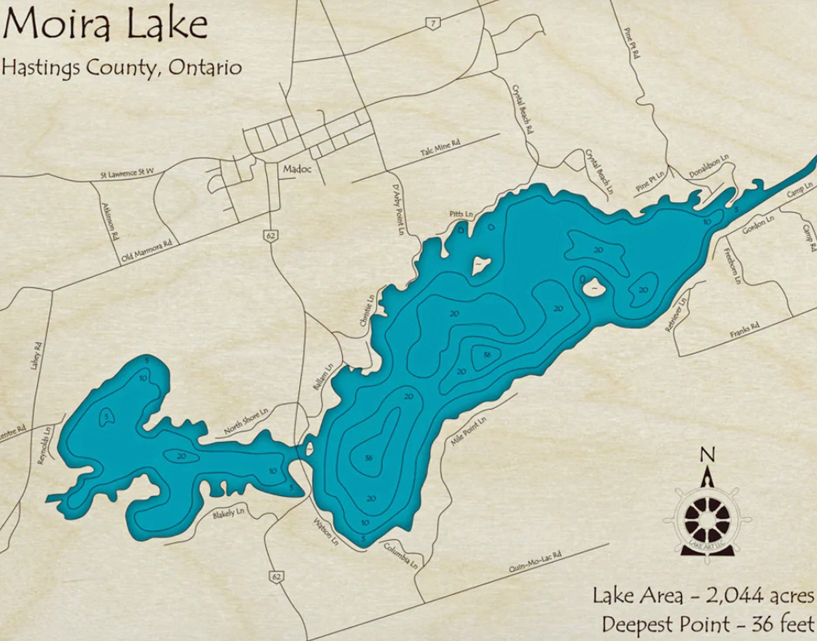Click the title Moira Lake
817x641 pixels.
click(x=105, y=25)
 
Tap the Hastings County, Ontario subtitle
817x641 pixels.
click(x=121, y=67)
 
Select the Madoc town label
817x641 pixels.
click(x=297, y=169)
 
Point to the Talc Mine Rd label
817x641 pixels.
click(x=440, y=149)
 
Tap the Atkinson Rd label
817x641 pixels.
click(x=111, y=222)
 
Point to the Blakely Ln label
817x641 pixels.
click(x=228, y=514)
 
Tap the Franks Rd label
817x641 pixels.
click(x=744, y=330)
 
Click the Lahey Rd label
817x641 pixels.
click(x=36, y=355)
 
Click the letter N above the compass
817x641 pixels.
click(x=707, y=454)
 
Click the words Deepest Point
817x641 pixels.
click(x=665, y=625)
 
